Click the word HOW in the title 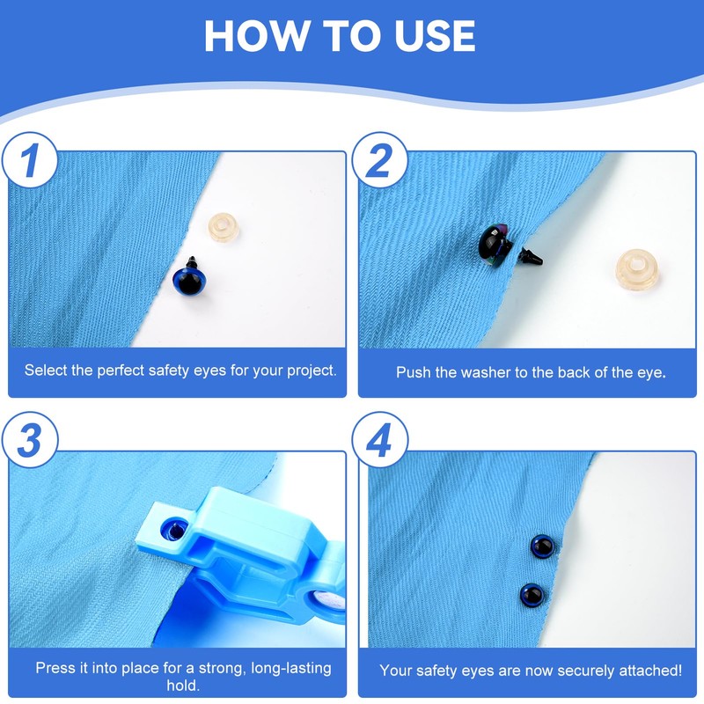coord(256,36)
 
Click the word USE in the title coord(435,36)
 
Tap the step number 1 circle coord(30,160)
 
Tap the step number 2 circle coord(379,160)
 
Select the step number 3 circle coord(30,440)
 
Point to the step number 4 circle coord(379,440)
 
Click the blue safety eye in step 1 coord(189,279)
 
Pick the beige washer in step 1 coord(224,227)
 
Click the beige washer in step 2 coord(636,269)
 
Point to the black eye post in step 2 coord(531,257)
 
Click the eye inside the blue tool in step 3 coord(174,530)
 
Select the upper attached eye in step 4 coord(542,546)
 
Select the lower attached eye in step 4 coord(532,596)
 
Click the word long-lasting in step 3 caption coord(291,668)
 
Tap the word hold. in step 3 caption coord(183,686)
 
